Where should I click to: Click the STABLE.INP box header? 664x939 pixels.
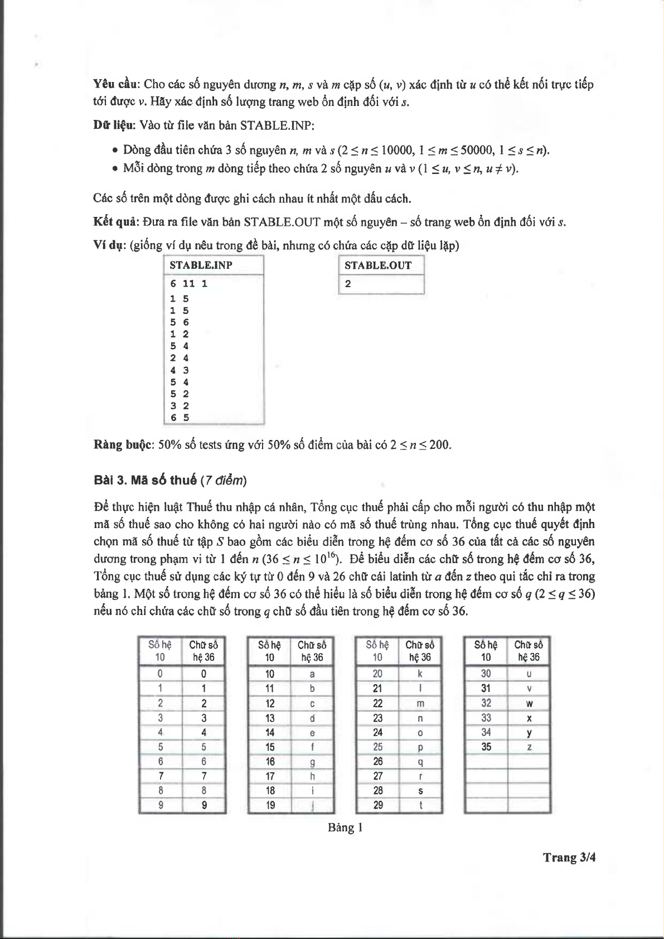click(x=201, y=265)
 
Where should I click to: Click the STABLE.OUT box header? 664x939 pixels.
click(x=378, y=265)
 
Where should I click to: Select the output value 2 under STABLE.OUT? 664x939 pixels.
click(x=348, y=284)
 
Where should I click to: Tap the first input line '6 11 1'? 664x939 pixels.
click(x=189, y=284)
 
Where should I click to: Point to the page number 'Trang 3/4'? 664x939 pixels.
click(x=569, y=858)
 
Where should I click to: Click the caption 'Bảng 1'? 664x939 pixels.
click(x=345, y=827)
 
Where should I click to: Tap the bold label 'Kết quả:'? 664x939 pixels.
click(x=115, y=222)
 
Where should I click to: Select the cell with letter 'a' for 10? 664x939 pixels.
click(x=312, y=674)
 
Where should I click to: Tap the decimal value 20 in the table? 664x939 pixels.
click(x=377, y=674)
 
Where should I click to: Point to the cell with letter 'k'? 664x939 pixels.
click(x=420, y=674)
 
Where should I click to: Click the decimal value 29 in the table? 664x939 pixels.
click(x=377, y=805)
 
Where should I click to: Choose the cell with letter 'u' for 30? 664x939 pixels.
click(x=529, y=674)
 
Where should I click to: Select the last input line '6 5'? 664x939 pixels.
click(x=180, y=418)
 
